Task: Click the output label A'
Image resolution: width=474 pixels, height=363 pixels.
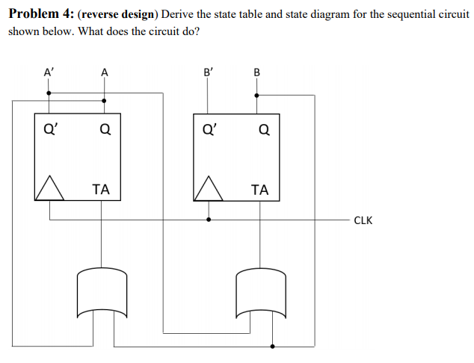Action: point(49,72)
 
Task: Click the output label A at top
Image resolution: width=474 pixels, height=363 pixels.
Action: point(104,72)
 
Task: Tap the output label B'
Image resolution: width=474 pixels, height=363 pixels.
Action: point(209,72)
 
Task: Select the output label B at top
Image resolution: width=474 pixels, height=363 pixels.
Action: point(258,72)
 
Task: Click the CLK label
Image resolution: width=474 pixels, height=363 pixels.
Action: point(363,220)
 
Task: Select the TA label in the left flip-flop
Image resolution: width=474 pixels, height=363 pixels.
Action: point(101,190)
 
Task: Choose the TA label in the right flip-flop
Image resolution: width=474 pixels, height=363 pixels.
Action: point(259,190)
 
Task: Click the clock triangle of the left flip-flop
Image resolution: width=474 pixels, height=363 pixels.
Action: point(49,189)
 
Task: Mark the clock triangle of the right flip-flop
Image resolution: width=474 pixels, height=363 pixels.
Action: point(208,189)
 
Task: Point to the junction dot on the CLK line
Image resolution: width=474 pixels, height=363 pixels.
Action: point(209,220)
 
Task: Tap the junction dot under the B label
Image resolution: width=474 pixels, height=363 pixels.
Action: point(258,95)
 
